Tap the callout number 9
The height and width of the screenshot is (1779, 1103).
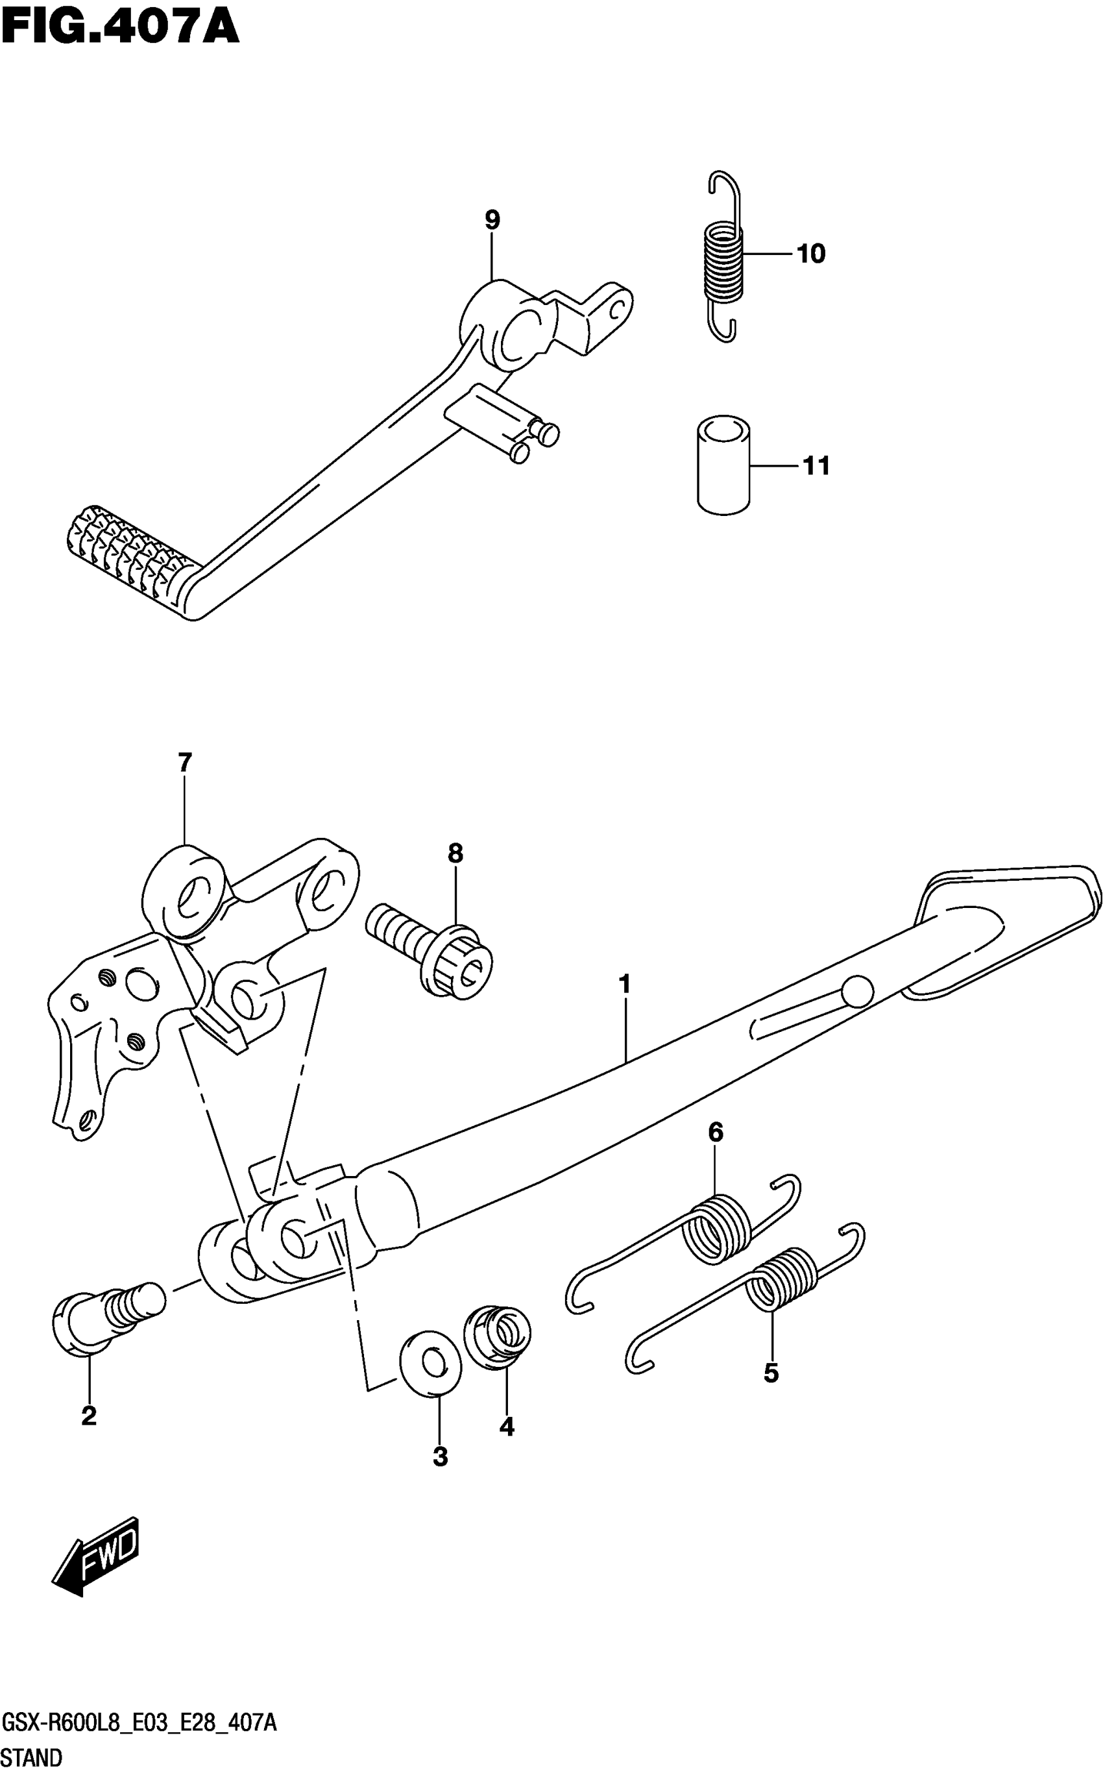coord(492,219)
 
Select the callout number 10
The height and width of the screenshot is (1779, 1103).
coord(810,254)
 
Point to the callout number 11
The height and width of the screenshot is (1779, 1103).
coord(816,465)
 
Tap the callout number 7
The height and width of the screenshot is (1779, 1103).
coord(184,763)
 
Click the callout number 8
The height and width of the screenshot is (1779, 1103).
coord(455,852)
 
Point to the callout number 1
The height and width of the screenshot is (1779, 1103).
coord(624,985)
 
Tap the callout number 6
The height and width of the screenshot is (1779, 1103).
coord(716,1133)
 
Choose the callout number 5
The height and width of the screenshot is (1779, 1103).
coord(771,1373)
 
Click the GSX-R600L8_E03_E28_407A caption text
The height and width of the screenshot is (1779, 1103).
coord(139,1724)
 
